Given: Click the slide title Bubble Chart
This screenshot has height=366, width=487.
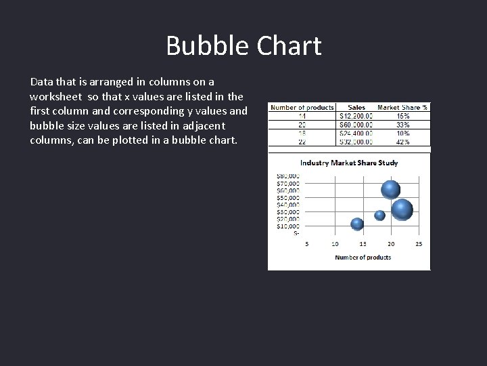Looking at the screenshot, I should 243,46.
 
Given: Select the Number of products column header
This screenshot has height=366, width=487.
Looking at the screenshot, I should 301,107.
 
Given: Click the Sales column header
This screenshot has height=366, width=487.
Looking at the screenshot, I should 356,107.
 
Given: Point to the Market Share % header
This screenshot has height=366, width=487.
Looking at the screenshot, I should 402,107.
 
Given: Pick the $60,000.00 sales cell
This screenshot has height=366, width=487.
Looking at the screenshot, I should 356,125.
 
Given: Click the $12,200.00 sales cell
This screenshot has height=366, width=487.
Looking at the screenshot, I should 356,116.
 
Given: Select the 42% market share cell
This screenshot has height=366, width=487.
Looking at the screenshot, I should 403,142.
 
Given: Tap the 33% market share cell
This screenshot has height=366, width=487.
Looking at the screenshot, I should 403,125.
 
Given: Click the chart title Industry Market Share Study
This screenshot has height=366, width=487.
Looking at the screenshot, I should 349,163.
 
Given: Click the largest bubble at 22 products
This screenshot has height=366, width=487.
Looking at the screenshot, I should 402,210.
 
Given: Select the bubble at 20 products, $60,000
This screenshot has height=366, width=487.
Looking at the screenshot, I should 390,190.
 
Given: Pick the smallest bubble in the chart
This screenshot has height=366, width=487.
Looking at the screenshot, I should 379,216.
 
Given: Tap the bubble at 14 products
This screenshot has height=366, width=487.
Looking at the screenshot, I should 357,224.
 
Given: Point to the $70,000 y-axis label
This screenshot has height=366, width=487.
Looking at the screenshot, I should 288,183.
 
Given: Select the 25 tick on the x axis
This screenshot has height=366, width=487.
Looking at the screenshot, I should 419,243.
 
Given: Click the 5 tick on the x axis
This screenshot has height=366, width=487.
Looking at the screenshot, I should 307,243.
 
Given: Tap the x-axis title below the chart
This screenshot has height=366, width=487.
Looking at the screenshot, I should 363,258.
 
